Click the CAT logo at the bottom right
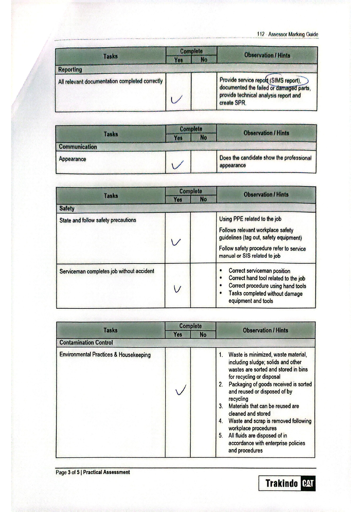[x=308, y=483]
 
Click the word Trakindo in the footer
[x=281, y=483]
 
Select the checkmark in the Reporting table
[x=176, y=100]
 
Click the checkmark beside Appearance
[x=177, y=165]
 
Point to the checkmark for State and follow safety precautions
[x=176, y=242]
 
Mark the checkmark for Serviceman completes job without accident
[x=177, y=289]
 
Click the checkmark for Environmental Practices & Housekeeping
[x=181, y=390]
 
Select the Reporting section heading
[x=70, y=69]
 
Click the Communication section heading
[x=78, y=147]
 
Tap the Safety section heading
[x=67, y=208]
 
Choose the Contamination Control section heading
[x=86, y=343]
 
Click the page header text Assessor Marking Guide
[x=293, y=34]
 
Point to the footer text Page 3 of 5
[x=67, y=472]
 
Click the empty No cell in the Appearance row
[x=203, y=162]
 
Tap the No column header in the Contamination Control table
[x=203, y=335]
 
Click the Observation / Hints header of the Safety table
[x=266, y=195]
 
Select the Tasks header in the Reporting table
[x=110, y=56]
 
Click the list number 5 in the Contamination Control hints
[x=221, y=436]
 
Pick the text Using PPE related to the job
[x=250, y=219]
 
